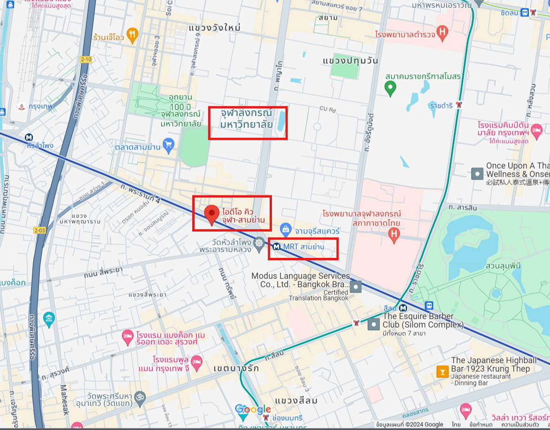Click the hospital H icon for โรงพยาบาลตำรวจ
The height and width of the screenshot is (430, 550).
coord(441,32)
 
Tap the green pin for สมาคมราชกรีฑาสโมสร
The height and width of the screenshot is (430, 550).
coord(389,87)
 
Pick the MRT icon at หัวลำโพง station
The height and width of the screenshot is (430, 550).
coord(29,137)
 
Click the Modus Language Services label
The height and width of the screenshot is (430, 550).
coord(301,280)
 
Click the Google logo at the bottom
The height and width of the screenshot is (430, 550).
coord(253,409)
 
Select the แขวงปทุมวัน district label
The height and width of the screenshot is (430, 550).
coord(350,61)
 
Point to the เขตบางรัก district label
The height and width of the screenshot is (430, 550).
coord(235,368)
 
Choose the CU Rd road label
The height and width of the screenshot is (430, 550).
coord(328,110)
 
